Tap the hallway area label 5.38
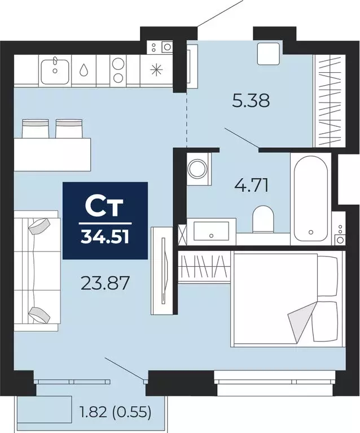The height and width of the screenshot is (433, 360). point(251,101)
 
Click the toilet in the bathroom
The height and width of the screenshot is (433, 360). point(262,219)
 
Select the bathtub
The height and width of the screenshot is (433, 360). point(309,195)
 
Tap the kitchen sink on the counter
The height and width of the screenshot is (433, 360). point(55,70)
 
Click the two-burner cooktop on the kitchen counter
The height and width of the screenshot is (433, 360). point(118,70)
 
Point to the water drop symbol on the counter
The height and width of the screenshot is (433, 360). point(84,70)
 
